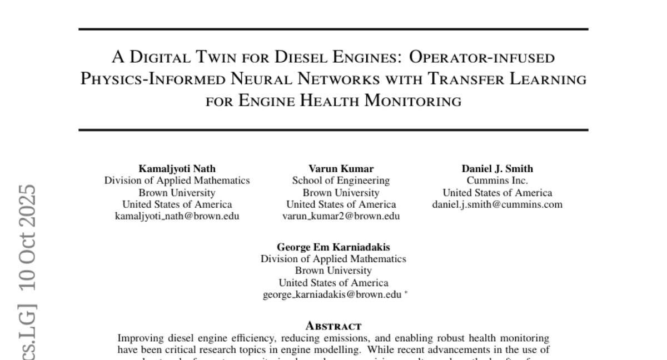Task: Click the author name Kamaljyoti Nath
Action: click(177, 168)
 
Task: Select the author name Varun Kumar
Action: click(341, 168)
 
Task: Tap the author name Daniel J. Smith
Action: click(497, 168)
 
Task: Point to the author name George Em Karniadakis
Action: click(333, 247)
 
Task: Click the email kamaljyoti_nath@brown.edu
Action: click(177, 216)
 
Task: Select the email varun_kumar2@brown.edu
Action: click(341, 216)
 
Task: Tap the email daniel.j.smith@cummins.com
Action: click(497, 204)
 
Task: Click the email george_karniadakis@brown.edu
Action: click(332, 294)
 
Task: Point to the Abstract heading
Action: click(333, 326)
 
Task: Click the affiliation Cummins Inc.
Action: click(497, 181)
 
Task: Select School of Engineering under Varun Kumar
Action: click(341, 181)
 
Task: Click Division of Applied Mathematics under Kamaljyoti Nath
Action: click(177, 181)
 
